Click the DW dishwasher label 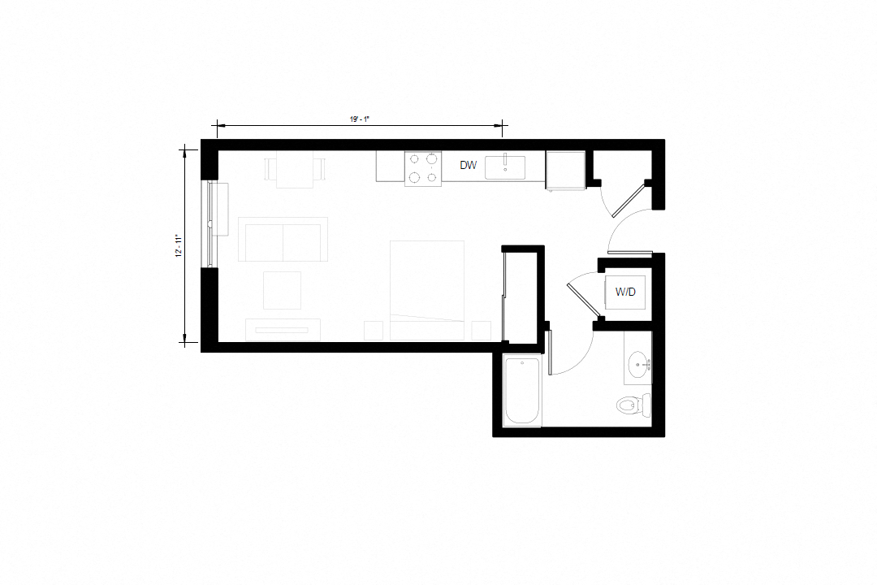[468, 166]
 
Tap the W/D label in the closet [625, 292]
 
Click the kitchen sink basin [504, 167]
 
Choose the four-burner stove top [423, 169]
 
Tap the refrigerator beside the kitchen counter [565, 170]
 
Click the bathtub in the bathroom [523, 391]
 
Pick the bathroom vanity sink [639, 363]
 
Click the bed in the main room [427, 289]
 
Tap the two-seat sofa [283, 240]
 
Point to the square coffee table [282, 290]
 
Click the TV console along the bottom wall [283, 330]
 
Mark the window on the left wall [212, 223]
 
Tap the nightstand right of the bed [482, 331]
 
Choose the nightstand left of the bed [374, 331]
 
